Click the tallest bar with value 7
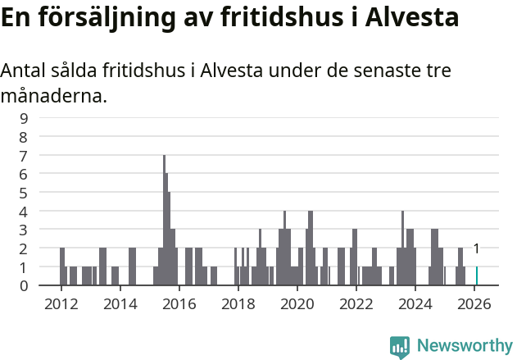164,220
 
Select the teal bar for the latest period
477,276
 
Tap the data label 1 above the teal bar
476,248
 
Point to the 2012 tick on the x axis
61,303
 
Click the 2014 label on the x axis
120,303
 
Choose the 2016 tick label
179,303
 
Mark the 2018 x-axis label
238,303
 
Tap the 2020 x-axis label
297,303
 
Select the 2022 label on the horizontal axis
356,303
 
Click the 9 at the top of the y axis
24,118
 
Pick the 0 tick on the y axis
24,285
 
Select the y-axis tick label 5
24,193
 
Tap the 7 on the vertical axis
24,155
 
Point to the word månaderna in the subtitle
54,97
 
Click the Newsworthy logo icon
400,346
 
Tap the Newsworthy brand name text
465,346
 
